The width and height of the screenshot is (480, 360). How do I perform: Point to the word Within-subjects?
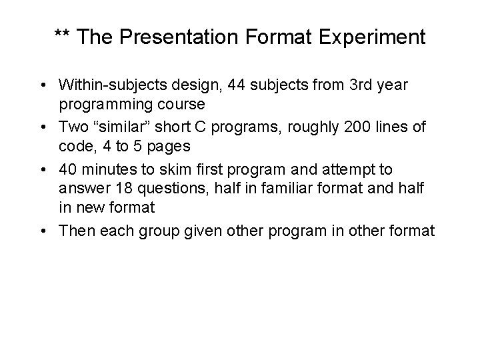[108, 85]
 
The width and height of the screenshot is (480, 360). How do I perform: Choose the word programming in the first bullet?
[103, 105]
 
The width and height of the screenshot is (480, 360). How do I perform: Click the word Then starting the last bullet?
[75, 231]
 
